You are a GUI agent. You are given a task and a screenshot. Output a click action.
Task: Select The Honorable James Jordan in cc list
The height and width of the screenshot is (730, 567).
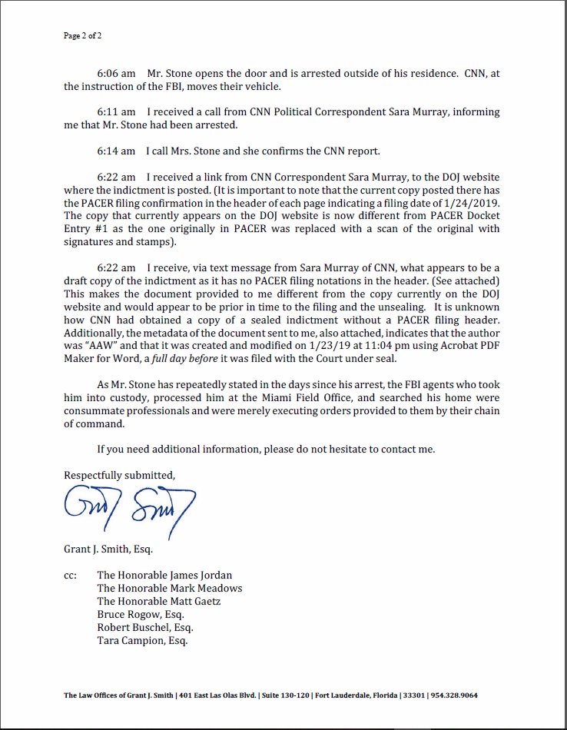[x=164, y=575]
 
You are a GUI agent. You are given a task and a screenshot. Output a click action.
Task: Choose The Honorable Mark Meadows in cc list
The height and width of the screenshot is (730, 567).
[x=169, y=588]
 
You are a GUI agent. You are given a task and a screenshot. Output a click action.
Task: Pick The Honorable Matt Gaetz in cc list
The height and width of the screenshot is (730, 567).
[x=159, y=601]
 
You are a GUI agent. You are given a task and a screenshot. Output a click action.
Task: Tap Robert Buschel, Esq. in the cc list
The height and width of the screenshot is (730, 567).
[x=144, y=627]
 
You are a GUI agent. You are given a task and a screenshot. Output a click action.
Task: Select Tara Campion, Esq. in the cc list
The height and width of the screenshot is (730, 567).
[x=142, y=640]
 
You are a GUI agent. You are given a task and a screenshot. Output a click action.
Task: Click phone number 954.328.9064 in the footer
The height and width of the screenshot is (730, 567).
[x=477, y=695]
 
